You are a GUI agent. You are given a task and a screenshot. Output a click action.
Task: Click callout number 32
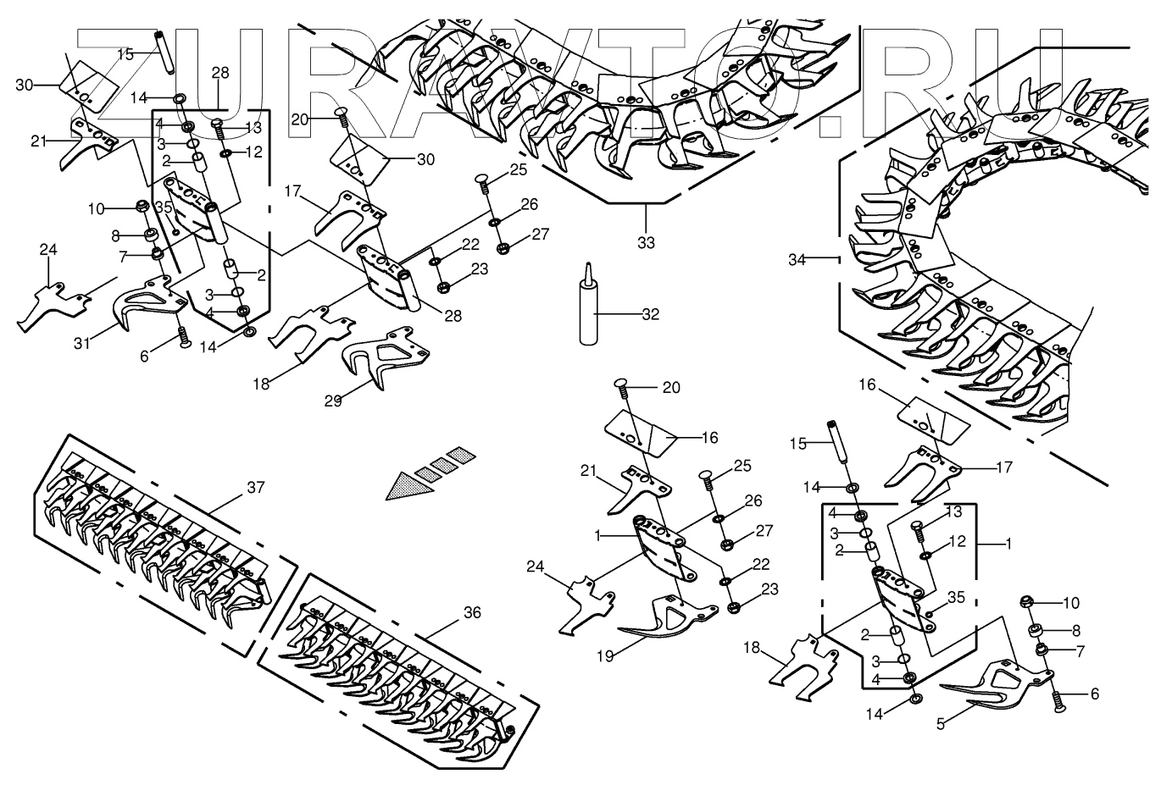click(x=650, y=314)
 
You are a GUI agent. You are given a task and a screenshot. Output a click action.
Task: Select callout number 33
click(x=647, y=243)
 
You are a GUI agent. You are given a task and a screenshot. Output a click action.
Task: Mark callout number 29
click(x=333, y=401)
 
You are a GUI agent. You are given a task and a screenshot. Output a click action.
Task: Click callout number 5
click(x=941, y=724)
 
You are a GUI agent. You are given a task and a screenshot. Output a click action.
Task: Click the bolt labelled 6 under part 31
click(x=182, y=338)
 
